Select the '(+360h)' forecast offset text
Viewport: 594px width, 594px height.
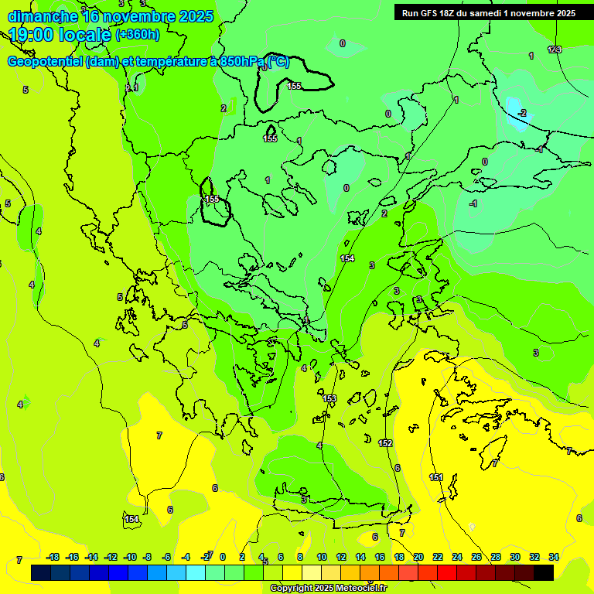(138, 35)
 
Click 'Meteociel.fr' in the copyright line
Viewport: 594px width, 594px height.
(356, 589)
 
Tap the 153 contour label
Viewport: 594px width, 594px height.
(330, 398)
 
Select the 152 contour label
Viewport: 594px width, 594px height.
(386, 443)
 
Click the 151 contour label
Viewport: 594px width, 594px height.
(437, 478)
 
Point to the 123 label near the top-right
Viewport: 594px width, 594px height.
(554, 49)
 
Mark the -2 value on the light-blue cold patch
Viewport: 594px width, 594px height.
(523, 113)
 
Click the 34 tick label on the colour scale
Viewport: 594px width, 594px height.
(554, 557)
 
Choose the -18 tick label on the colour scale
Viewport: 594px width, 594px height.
(53, 557)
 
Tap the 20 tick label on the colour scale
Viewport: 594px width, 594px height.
(418, 557)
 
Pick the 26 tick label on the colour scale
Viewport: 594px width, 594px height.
(476, 557)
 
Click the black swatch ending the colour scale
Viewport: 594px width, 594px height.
(544, 572)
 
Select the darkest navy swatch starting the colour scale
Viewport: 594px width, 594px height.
(41, 572)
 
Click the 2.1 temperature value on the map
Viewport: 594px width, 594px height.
(132, 88)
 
